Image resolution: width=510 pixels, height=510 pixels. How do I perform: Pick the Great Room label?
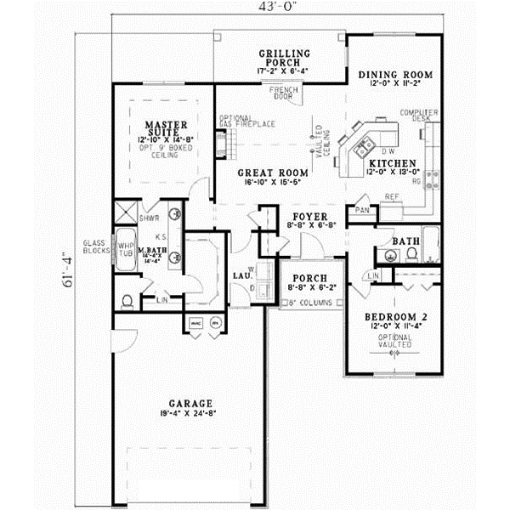click(266, 171)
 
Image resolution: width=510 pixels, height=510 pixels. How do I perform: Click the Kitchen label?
click(392, 162)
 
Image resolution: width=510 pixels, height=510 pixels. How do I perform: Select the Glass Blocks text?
click(94, 247)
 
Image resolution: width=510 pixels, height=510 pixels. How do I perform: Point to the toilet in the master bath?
click(127, 300)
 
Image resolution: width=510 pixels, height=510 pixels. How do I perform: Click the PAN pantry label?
click(363, 210)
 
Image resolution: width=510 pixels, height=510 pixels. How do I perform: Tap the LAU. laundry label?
click(241, 275)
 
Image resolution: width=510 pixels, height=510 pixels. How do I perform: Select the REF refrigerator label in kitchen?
click(392, 197)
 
